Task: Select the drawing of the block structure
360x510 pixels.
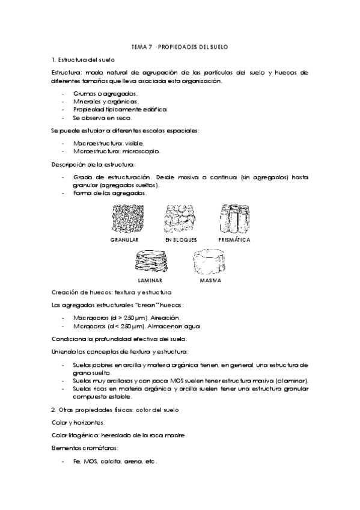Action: [x=181, y=218]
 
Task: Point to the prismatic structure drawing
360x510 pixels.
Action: [x=234, y=218]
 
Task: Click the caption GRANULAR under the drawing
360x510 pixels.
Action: [x=124, y=239]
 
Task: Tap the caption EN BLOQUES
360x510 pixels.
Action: [x=181, y=239]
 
